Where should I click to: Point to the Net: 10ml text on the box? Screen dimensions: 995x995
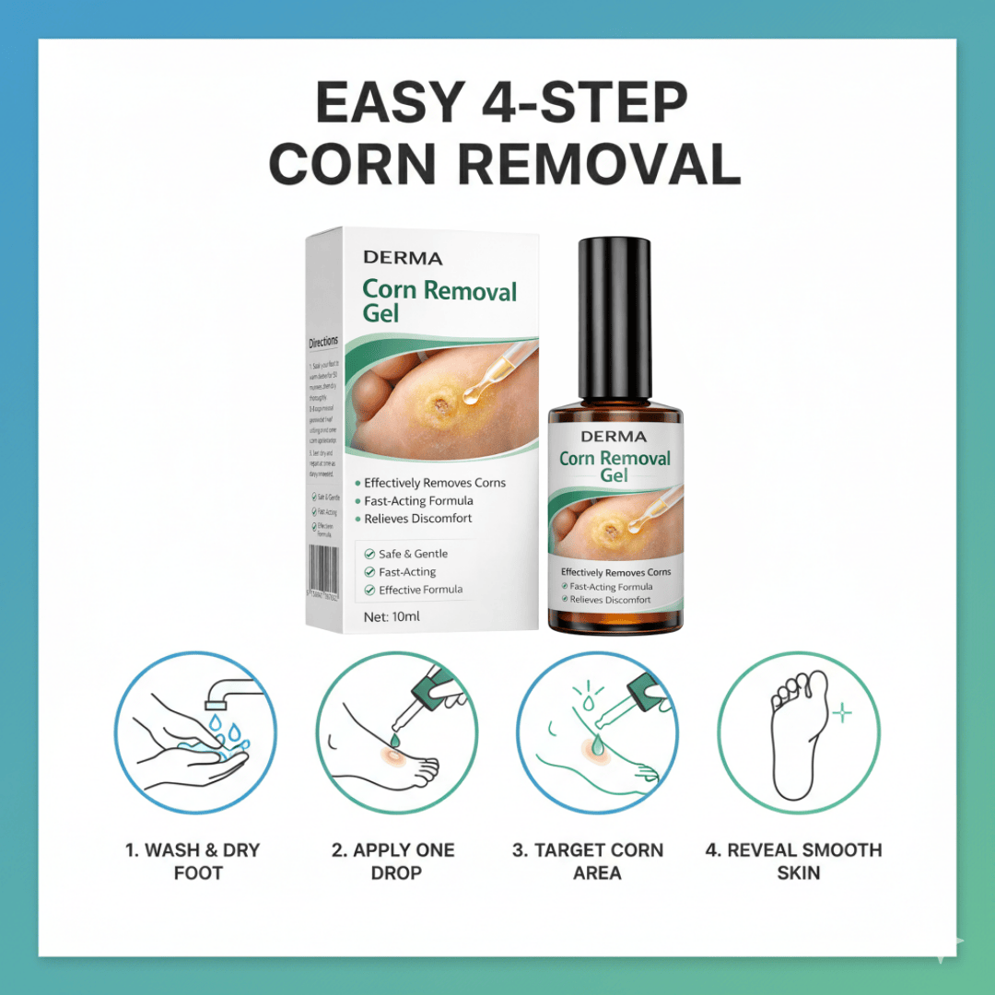[x=392, y=616]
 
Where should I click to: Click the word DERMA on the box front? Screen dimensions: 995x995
[x=403, y=259]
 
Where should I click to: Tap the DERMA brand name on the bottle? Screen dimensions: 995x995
[x=614, y=437]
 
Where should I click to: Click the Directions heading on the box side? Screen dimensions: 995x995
[x=323, y=343]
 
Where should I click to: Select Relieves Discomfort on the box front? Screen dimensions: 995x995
[x=417, y=519]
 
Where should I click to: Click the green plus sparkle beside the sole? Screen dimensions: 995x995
[x=841, y=714]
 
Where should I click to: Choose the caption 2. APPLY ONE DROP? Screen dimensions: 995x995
[x=395, y=860]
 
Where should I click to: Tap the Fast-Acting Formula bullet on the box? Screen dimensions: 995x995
[x=418, y=501]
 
